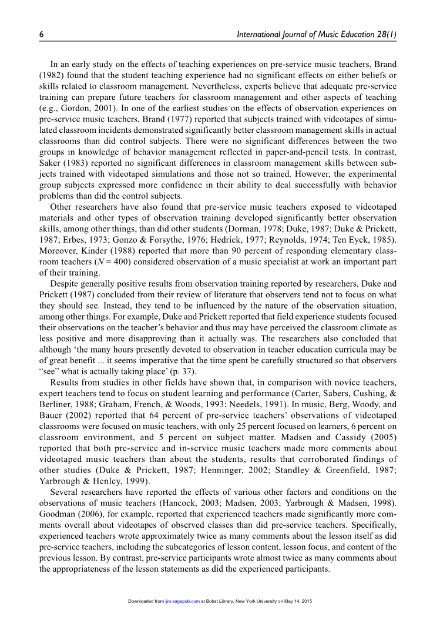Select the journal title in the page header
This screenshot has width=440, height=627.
click(317, 35)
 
